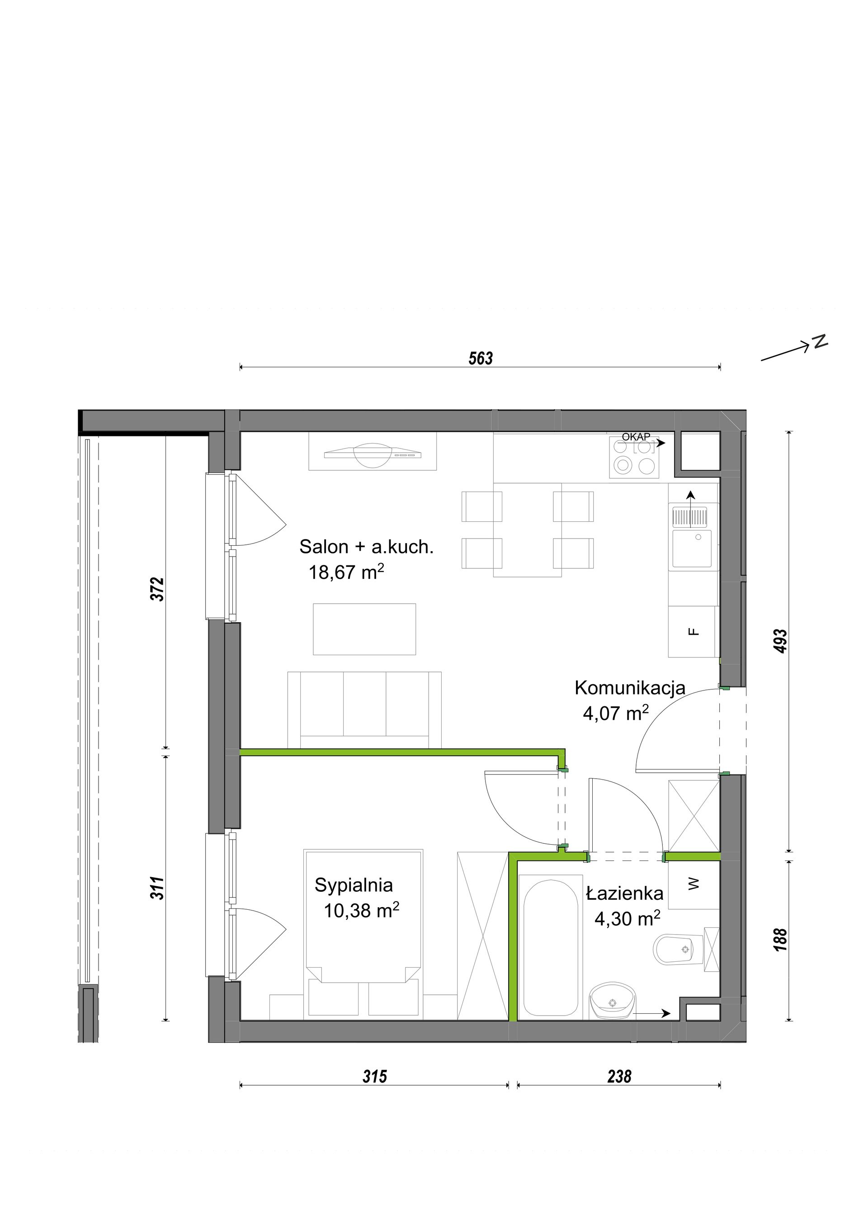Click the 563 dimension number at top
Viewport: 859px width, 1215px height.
[480, 359]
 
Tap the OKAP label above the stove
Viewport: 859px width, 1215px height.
[636, 437]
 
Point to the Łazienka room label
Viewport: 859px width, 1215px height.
[625, 894]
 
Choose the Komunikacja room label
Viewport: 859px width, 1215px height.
[630, 688]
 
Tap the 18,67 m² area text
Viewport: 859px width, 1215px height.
[346, 572]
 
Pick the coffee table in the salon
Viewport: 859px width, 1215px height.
[364, 629]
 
